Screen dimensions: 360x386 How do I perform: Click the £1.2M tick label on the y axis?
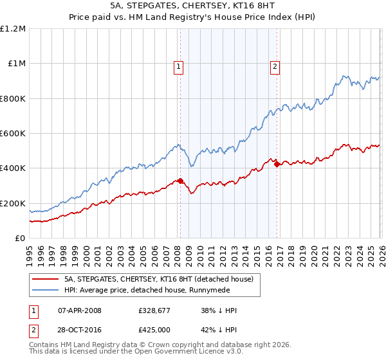pyautogui.click(x=13, y=29)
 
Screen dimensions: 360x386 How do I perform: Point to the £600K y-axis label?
pyautogui.click(x=13, y=134)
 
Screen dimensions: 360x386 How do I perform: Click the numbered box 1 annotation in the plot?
pyautogui.click(x=178, y=65)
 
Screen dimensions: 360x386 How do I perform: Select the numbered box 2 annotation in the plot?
pyautogui.click(x=275, y=65)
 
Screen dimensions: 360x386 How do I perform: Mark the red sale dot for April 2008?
pyautogui.click(x=180, y=181)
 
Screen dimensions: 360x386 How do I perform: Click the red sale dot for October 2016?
pyautogui.click(x=277, y=165)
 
